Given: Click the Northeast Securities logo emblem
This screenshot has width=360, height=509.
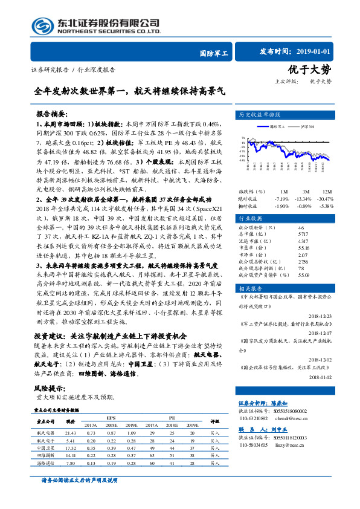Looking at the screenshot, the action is pos(43,26).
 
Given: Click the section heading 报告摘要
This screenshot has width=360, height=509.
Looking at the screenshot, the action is pos(52,113).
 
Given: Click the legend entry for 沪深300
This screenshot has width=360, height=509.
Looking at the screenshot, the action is pos(304,126).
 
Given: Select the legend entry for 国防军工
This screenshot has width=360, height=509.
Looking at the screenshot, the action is pos(275,126).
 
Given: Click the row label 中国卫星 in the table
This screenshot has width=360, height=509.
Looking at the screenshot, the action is pos(46,448).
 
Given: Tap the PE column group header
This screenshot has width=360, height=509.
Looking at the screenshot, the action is pos(172,417).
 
